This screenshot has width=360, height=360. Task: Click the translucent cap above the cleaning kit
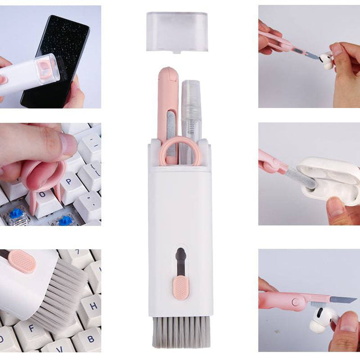point(177,31)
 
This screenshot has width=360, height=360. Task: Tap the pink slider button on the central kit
point(180,288)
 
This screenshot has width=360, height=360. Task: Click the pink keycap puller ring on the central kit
point(180,152)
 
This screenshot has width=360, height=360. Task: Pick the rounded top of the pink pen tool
point(167,75)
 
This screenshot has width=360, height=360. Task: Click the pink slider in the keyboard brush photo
point(22,261)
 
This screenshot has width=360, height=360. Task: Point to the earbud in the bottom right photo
point(323,320)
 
